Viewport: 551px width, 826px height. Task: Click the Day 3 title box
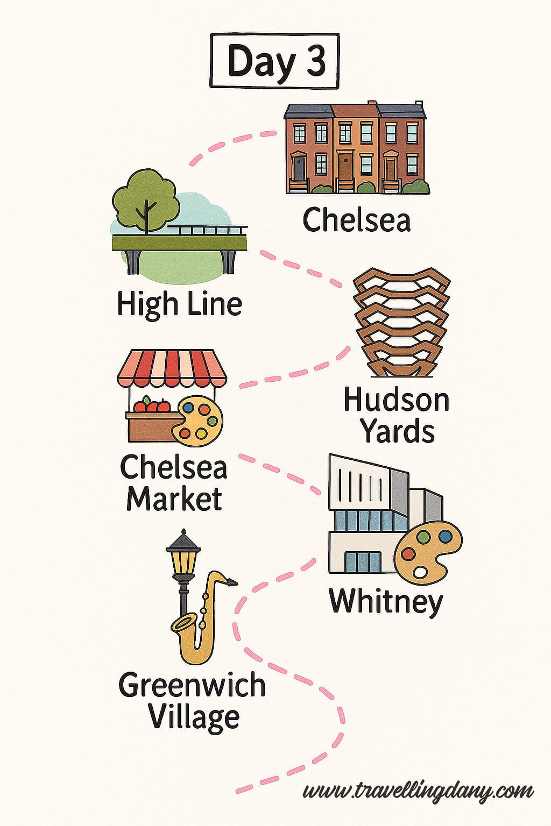pyautogui.click(x=274, y=60)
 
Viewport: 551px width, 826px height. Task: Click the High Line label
pyautogui.click(x=179, y=304)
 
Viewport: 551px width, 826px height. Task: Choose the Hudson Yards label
pyautogui.click(x=397, y=416)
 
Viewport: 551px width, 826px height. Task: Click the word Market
pyautogui.click(x=174, y=499)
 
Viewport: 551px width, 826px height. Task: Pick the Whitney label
pyautogui.click(x=385, y=601)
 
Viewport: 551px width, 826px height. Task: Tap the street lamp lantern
pyautogui.click(x=183, y=559)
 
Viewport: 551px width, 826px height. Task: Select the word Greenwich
pyautogui.click(x=192, y=686)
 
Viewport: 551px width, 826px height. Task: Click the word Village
pyautogui.click(x=194, y=717)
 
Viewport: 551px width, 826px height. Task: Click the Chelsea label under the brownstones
pyautogui.click(x=356, y=220)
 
